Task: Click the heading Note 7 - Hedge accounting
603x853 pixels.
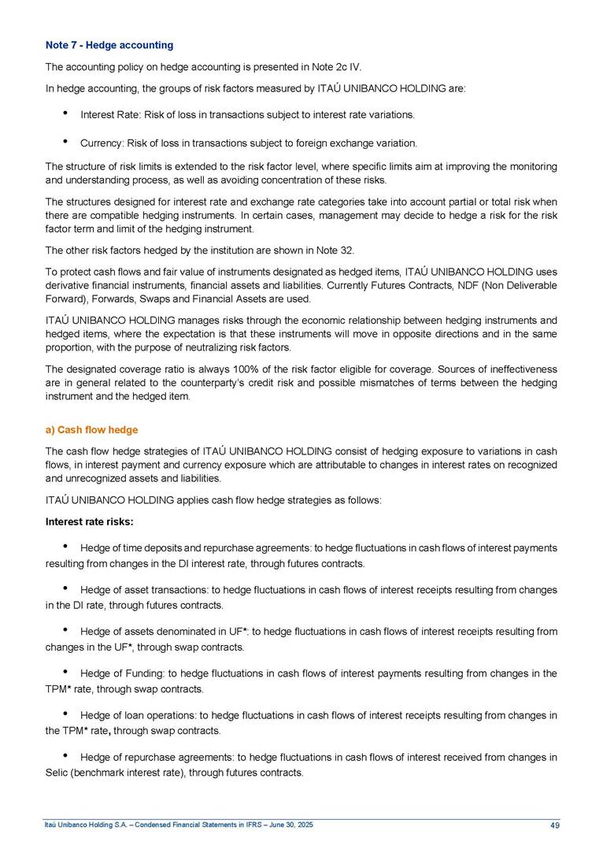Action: tap(109, 45)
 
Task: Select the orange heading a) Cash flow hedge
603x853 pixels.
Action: tap(92, 429)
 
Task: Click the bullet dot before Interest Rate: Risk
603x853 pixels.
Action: tap(64, 114)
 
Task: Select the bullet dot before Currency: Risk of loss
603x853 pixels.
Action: tap(64, 143)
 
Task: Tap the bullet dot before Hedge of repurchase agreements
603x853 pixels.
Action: tap(64, 757)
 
